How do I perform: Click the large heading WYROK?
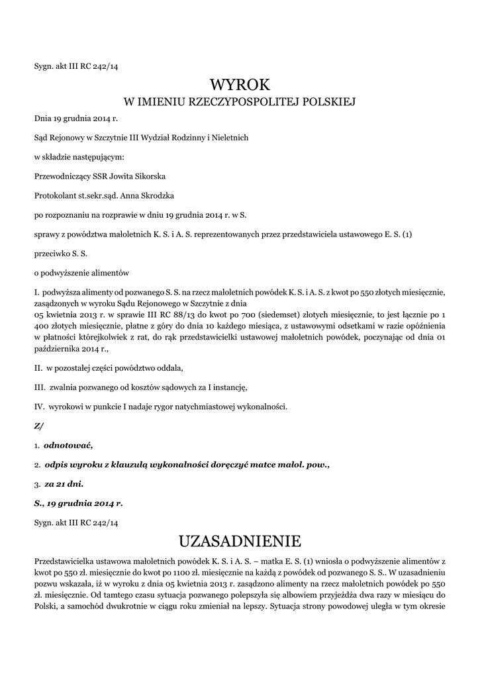click(240, 84)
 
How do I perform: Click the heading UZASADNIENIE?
click(240, 541)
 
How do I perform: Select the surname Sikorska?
click(150, 176)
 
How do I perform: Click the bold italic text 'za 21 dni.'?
click(64, 484)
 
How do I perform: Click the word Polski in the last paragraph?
click(46, 608)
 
